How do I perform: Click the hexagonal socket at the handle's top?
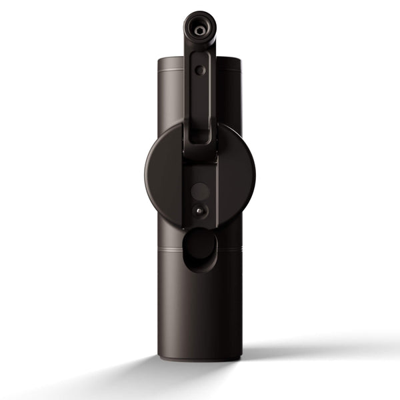pyautogui.click(x=199, y=30)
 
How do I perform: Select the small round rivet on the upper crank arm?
pyautogui.click(x=200, y=69)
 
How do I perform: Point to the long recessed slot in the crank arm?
pyautogui.click(x=200, y=113)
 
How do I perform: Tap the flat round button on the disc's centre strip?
pyautogui.click(x=200, y=191)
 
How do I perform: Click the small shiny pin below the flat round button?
pyautogui.click(x=199, y=210)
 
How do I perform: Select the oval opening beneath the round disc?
pyautogui.click(x=199, y=248)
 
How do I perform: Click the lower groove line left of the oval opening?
pyautogui.click(x=169, y=250)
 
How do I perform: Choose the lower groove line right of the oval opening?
pyautogui.click(x=229, y=250)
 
